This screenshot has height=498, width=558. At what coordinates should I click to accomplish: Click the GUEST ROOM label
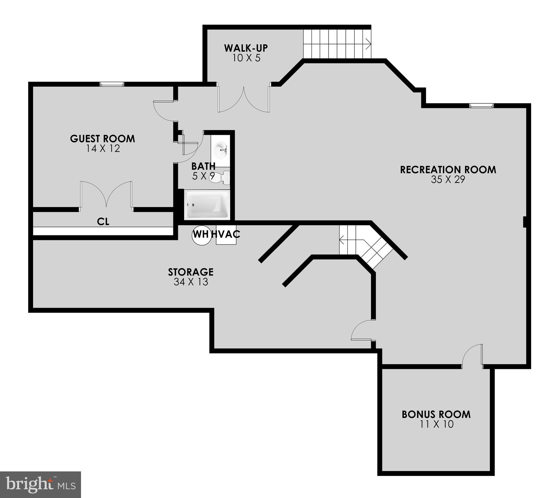point(102,139)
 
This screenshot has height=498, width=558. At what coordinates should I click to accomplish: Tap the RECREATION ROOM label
point(448,170)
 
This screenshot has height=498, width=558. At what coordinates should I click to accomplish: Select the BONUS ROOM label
point(436,414)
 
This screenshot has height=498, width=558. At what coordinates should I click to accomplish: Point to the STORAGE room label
point(191,272)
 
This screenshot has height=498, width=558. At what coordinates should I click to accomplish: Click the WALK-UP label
point(246,48)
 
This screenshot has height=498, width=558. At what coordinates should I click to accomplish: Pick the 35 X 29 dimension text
point(448,180)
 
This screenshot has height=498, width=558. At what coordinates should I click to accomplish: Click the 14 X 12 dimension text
point(103,149)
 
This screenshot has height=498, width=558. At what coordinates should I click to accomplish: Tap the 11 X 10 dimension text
point(436,424)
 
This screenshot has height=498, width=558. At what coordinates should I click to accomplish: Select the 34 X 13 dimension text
point(191,282)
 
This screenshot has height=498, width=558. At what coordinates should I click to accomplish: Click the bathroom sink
point(221,150)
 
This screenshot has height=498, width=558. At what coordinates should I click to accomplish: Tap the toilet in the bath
point(220,177)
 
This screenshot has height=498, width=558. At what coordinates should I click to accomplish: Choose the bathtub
point(207,205)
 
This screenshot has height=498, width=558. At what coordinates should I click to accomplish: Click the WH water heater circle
point(201,234)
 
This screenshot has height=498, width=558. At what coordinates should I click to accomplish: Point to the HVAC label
point(226,234)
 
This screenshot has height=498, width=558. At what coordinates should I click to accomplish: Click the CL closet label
point(103,221)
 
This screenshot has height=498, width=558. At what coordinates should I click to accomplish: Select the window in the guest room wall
point(112,84)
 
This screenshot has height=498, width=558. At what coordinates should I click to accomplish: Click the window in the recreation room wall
point(482,105)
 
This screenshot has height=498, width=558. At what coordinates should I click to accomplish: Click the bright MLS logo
point(41,484)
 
